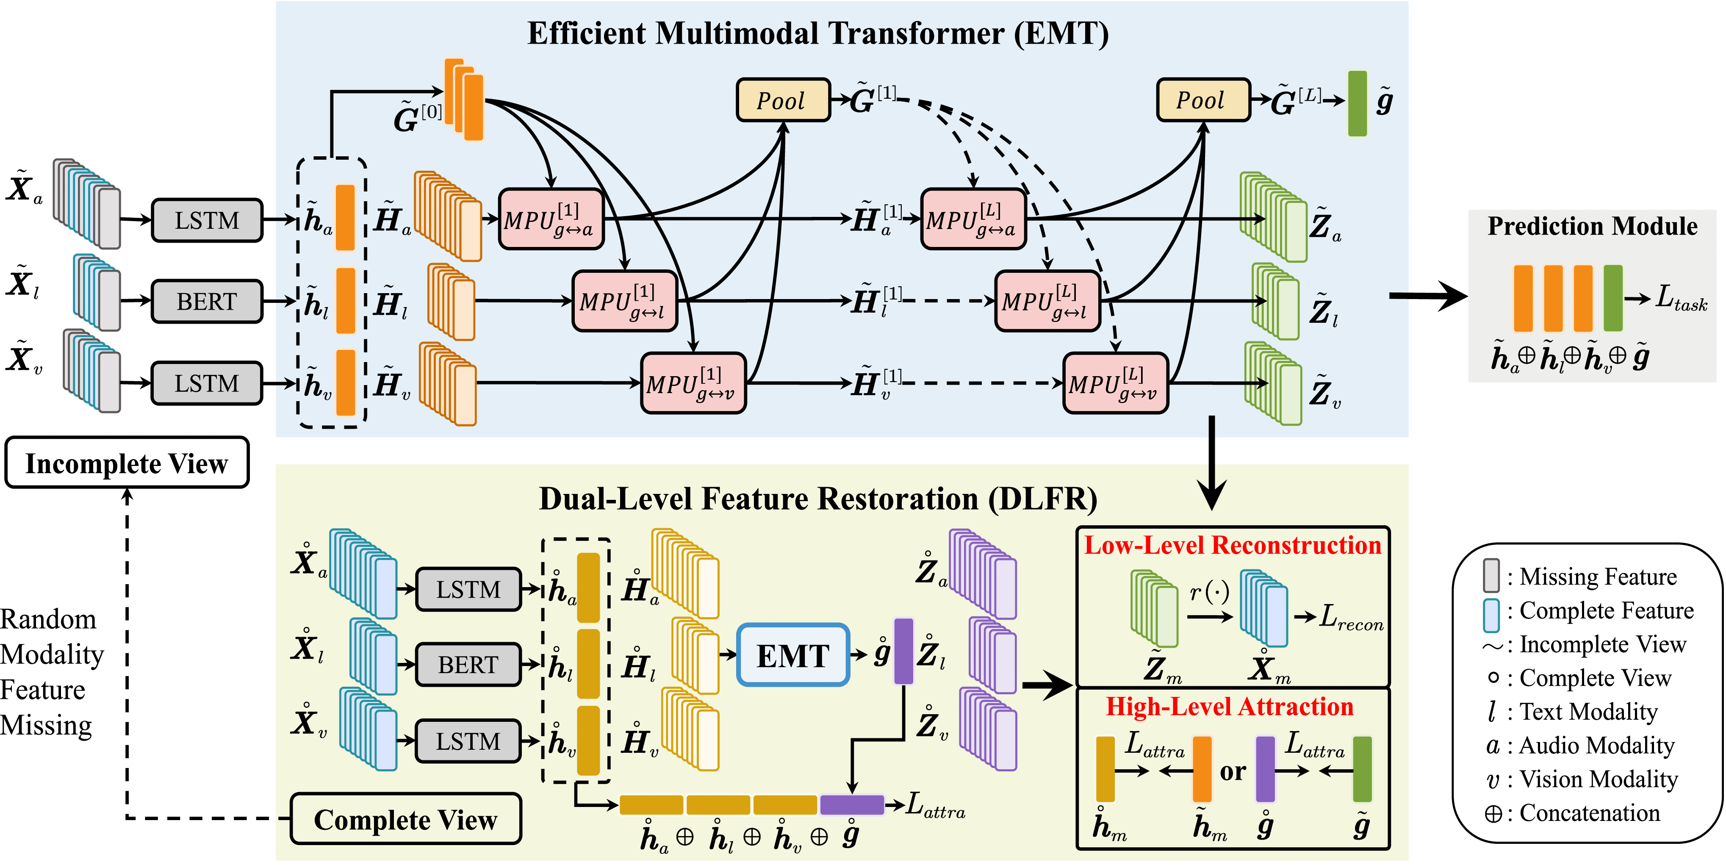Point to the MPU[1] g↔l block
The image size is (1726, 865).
[x=624, y=302]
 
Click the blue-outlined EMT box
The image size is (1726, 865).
[x=792, y=655]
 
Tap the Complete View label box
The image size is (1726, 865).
[x=405, y=819]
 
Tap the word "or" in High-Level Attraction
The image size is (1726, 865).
[x=1232, y=771]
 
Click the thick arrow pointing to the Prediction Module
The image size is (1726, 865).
[x=1427, y=296]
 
